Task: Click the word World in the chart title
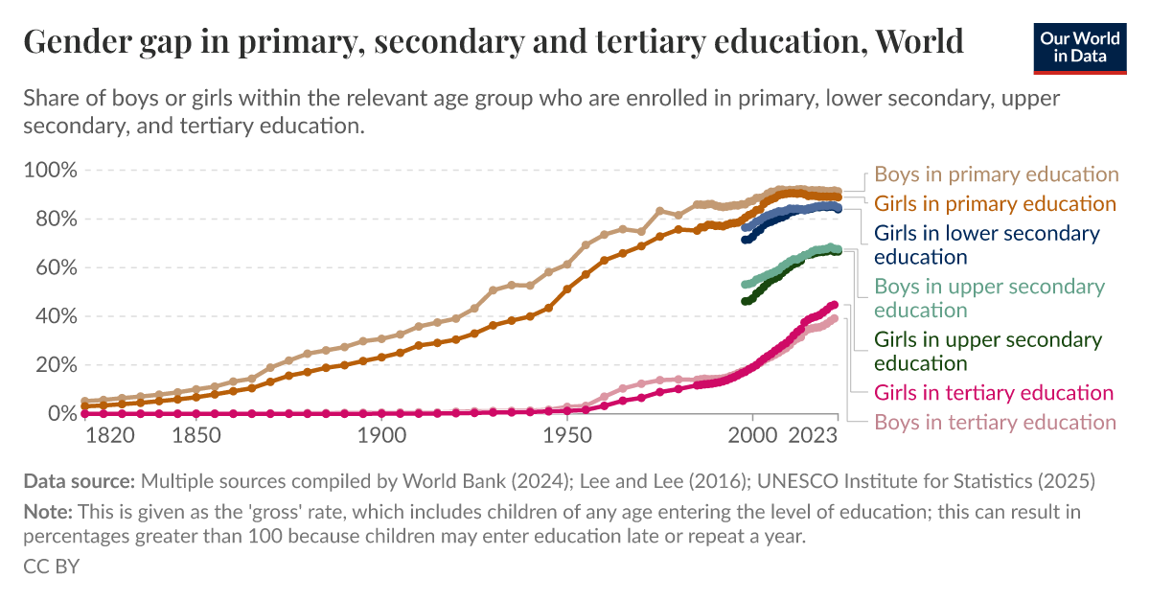click(x=920, y=41)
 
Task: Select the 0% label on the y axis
click(x=59, y=413)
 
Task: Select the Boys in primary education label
click(x=997, y=174)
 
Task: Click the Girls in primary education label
click(x=995, y=204)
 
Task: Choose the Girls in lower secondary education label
click(x=987, y=245)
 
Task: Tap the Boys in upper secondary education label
click(x=989, y=298)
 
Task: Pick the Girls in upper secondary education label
click(x=988, y=351)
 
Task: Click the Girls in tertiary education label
click(x=994, y=392)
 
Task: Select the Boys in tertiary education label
click(x=996, y=422)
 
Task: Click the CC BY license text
click(x=51, y=566)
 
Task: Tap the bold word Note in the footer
click(x=47, y=512)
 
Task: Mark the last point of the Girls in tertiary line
click(x=834, y=305)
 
